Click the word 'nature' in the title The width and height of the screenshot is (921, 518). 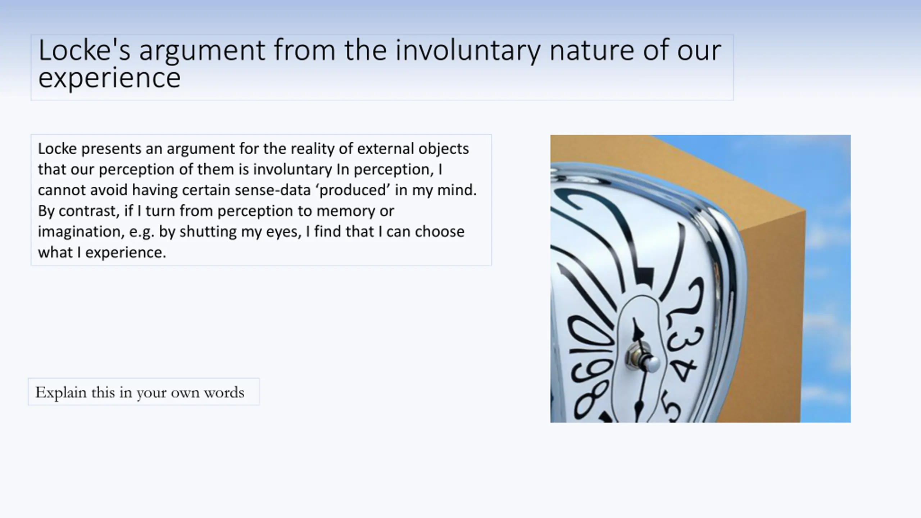click(591, 50)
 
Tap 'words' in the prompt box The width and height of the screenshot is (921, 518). click(224, 392)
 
